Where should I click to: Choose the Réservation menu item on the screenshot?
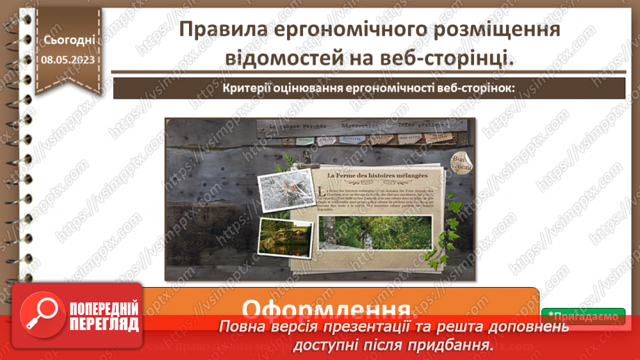[359, 126]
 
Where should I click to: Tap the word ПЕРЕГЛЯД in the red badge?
[104, 325]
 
